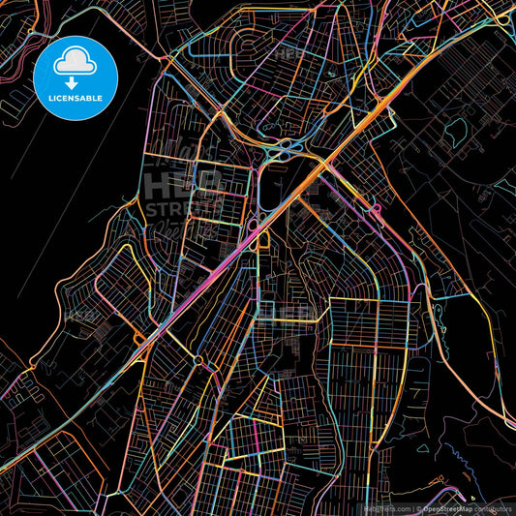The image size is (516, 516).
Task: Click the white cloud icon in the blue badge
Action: click(75, 63)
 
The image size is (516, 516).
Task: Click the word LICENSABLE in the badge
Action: click(75, 98)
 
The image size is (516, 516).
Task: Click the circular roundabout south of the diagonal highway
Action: click(198, 361)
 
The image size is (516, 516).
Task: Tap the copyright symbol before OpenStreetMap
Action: click(417, 508)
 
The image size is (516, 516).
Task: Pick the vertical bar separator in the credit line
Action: click(410, 508)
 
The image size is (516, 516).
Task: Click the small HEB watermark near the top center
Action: click(290, 55)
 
